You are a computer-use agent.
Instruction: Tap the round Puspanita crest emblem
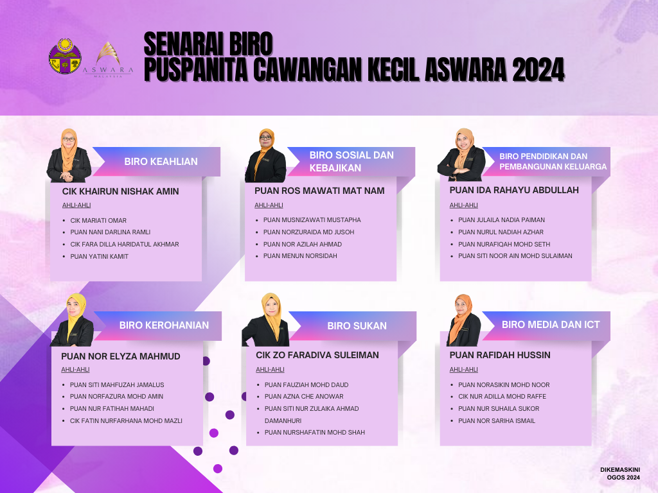tap(65, 56)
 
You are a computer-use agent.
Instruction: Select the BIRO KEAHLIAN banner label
tap(161, 161)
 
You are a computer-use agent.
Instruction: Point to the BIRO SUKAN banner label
tap(357, 325)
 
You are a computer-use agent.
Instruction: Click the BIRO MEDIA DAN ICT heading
tap(551, 324)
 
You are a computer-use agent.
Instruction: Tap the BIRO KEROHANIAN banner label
tap(164, 325)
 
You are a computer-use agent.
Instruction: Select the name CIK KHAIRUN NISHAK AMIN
tap(120, 191)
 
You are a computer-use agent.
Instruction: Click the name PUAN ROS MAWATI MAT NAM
tap(319, 191)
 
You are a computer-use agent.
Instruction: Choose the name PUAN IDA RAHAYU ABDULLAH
tap(514, 190)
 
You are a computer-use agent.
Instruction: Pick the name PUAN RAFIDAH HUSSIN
tap(500, 355)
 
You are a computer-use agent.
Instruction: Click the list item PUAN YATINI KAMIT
tap(99, 257)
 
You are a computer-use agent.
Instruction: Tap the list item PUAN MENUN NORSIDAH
tap(300, 255)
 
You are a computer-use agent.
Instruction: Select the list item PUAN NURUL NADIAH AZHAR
tap(501, 232)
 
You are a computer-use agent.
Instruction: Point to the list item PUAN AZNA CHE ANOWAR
tap(304, 397)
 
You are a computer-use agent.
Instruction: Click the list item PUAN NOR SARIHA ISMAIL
tap(497, 421)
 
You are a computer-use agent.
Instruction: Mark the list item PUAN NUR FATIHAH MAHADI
tap(112, 409)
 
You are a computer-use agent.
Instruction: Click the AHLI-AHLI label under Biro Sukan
tap(271, 370)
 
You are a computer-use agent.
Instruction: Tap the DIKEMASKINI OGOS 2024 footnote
tap(620, 474)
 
